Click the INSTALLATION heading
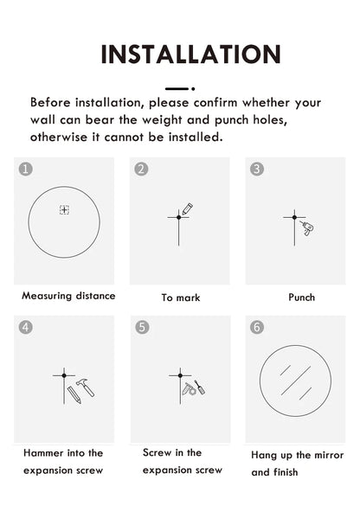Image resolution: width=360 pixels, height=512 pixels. click(190, 54)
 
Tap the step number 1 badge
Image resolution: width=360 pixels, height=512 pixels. click(26, 170)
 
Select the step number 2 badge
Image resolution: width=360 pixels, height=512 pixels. click(141, 170)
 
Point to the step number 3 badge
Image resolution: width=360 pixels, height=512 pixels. click(257, 170)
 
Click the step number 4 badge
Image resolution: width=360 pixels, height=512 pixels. click(26, 327)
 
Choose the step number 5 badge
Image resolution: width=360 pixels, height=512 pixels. click(142, 327)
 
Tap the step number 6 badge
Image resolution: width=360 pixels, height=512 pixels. click(257, 327)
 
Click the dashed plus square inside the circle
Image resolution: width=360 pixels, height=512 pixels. click(64, 209)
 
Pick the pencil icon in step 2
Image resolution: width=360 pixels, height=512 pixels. click(188, 209)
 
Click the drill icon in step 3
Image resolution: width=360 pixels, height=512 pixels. click(307, 228)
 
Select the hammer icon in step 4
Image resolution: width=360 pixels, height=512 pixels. click(86, 387)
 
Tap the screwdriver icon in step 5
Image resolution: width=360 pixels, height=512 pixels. click(200, 387)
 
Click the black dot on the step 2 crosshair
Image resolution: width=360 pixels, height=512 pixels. click(178, 217)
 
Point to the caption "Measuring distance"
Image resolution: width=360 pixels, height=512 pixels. click(68, 296)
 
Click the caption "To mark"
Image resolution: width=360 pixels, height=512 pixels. click(181, 298)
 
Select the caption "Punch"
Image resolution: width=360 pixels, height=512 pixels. click(301, 298)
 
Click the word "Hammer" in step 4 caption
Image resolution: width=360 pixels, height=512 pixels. click(43, 453)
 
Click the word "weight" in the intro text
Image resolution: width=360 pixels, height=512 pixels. click(162, 120)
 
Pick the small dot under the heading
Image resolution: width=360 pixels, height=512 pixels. click(193, 89)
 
